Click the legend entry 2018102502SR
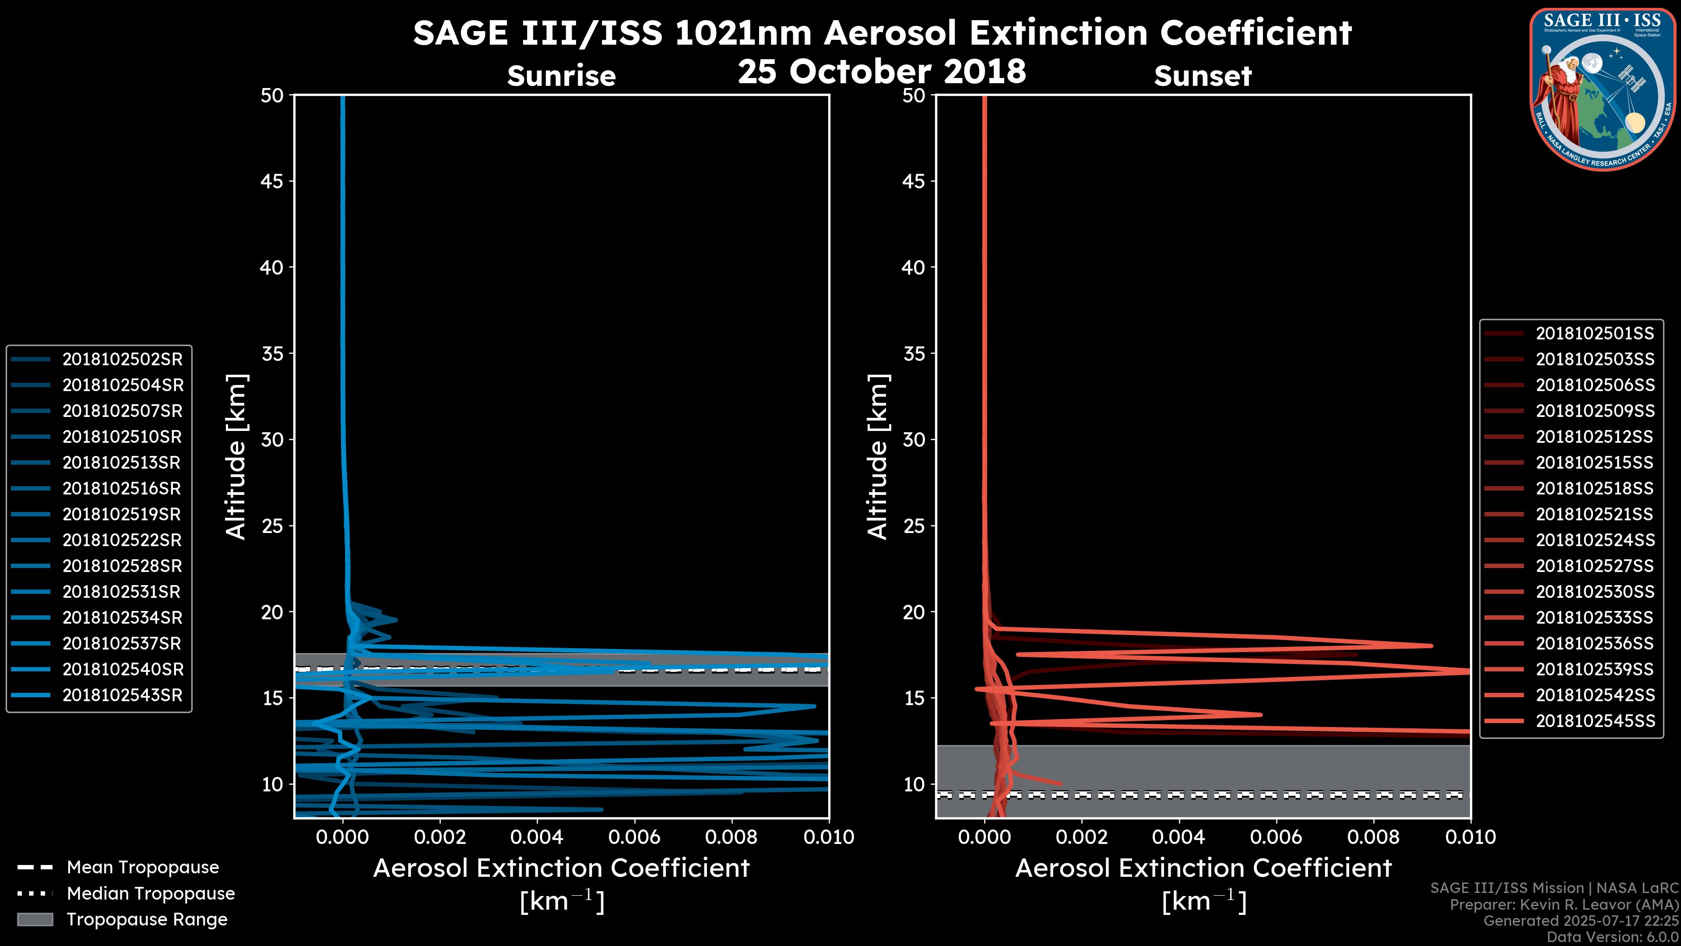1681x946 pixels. [x=122, y=359]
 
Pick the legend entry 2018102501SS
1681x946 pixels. [x=1594, y=334]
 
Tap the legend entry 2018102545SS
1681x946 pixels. [x=1594, y=721]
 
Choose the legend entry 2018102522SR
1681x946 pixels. [x=122, y=540]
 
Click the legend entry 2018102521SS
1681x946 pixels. [x=1594, y=515]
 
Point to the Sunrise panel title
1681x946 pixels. [x=561, y=76]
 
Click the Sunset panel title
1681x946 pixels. [x=1203, y=76]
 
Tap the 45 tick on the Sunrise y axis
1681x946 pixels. [x=271, y=181]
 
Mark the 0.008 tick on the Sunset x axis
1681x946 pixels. [x=1374, y=837]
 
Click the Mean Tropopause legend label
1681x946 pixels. [x=143, y=867]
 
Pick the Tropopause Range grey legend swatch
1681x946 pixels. [x=35, y=919]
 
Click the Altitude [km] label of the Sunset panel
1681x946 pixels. [x=878, y=456]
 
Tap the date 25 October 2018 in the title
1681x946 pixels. [x=882, y=71]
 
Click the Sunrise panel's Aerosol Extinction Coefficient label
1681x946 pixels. [x=561, y=868]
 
